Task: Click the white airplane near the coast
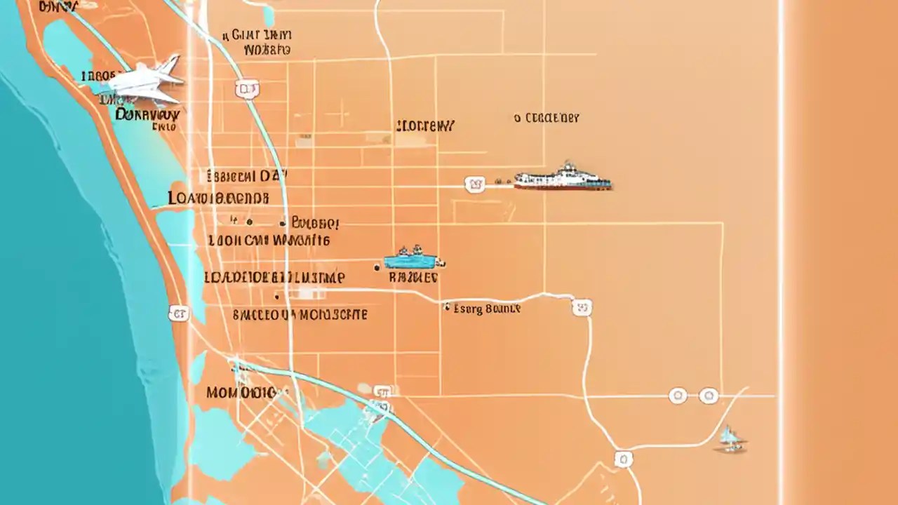[x=144, y=82]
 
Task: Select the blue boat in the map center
[x=411, y=260]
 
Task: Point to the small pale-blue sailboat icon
[x=730, y=438]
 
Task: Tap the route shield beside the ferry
[x=475, y=184]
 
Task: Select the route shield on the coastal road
[x=179, y=314]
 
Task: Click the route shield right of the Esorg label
[x=582, y=307]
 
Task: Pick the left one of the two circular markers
[x=678, y=396]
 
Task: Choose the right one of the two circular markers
[x=709, y=396]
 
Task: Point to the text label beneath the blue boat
[x=413, y=278]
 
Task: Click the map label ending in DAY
[x=248, y=176]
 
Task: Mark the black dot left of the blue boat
[x=377, y=267]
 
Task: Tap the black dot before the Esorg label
[x=447, y=307]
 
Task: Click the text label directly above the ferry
[x=547, y=119]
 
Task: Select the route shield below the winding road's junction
[x=623, y=459]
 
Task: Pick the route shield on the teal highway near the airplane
[x=247, y=88]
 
